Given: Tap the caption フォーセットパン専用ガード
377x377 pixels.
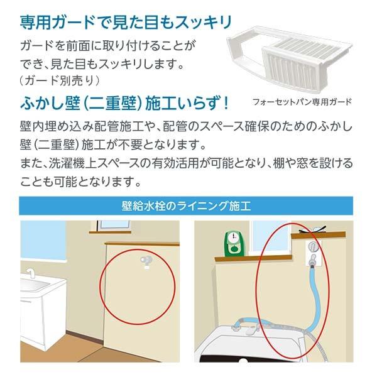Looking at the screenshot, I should coord(302,101).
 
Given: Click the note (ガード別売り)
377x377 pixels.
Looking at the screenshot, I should coord(60,80).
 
